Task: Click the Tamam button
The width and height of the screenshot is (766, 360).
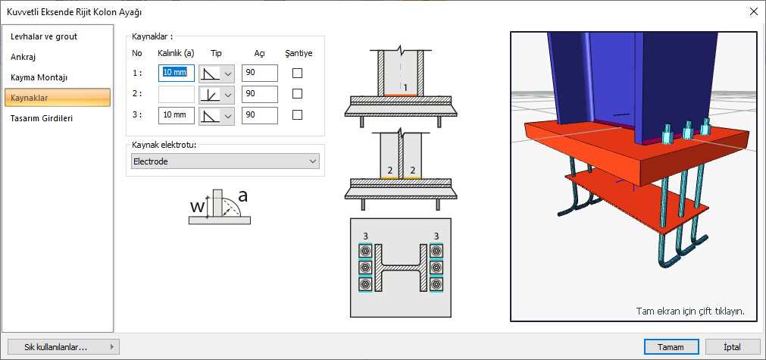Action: tap(671, 347)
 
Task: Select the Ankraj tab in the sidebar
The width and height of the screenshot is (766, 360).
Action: tap(23, 57)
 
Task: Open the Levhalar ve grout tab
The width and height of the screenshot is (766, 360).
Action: tap(43, 36)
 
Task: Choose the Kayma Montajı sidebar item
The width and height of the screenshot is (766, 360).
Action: tap(39, 77)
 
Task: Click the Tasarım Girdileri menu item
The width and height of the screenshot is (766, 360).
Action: tap(42, 118)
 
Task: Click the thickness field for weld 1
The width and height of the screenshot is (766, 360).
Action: tap(177, 74)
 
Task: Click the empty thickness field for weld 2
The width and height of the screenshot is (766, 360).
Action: tap(177, 94)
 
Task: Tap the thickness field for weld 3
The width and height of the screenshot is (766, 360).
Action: tap(177, 115)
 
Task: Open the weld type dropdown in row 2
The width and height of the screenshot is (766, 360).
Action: tap(217, 94)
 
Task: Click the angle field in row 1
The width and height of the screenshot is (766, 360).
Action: tap(259, 74)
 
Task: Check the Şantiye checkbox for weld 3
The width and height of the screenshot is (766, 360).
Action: tap(297, 115)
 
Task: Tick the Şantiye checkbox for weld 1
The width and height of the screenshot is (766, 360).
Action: tap(297, 74)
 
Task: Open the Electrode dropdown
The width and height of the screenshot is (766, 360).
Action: tap(225, 161)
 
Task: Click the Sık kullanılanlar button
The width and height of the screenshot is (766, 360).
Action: tap(62, 347)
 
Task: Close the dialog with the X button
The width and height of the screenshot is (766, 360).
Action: tap(753, 11)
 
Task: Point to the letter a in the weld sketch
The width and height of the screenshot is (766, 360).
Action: tap(242, 196)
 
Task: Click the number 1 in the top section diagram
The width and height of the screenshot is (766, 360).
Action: tap(405, 88)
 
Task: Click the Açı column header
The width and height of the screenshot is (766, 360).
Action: tap(259, 53)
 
